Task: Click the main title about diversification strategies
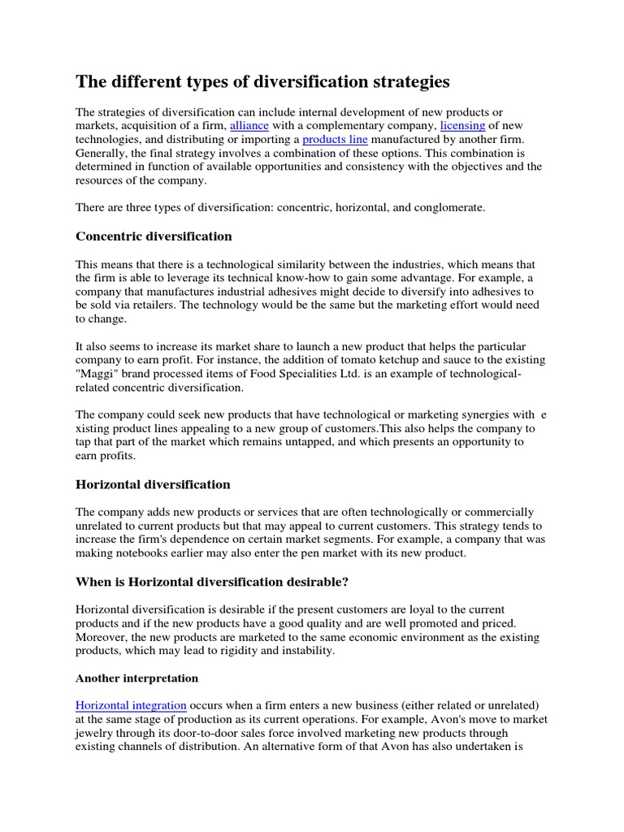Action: [x=262, y=82]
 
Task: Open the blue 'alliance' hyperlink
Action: [x=250, y=126]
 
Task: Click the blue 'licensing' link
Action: [x=462, y=126]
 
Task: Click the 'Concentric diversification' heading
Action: [x=154, y=236]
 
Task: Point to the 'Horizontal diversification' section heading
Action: [x=153, y=484]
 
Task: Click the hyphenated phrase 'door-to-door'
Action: [x=208, y=734]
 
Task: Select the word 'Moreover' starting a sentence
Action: [x=102, y=637]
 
